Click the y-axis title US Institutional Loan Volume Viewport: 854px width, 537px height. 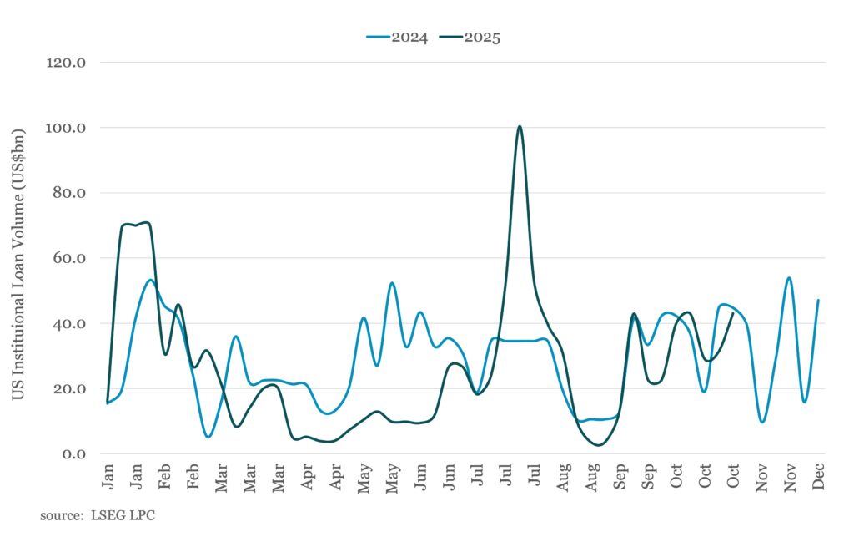[18, 263]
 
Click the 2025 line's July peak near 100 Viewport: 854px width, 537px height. [520, 127]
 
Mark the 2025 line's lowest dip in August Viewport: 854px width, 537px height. [598, 445]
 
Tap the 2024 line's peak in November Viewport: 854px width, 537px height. [789, 278]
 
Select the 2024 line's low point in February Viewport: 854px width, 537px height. [208, 437]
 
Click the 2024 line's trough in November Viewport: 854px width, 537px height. [761, 422]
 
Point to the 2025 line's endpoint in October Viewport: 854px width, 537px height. [732, 313]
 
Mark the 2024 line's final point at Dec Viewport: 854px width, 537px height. [818, 300]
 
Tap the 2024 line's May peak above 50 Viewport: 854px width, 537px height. [391, 283]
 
